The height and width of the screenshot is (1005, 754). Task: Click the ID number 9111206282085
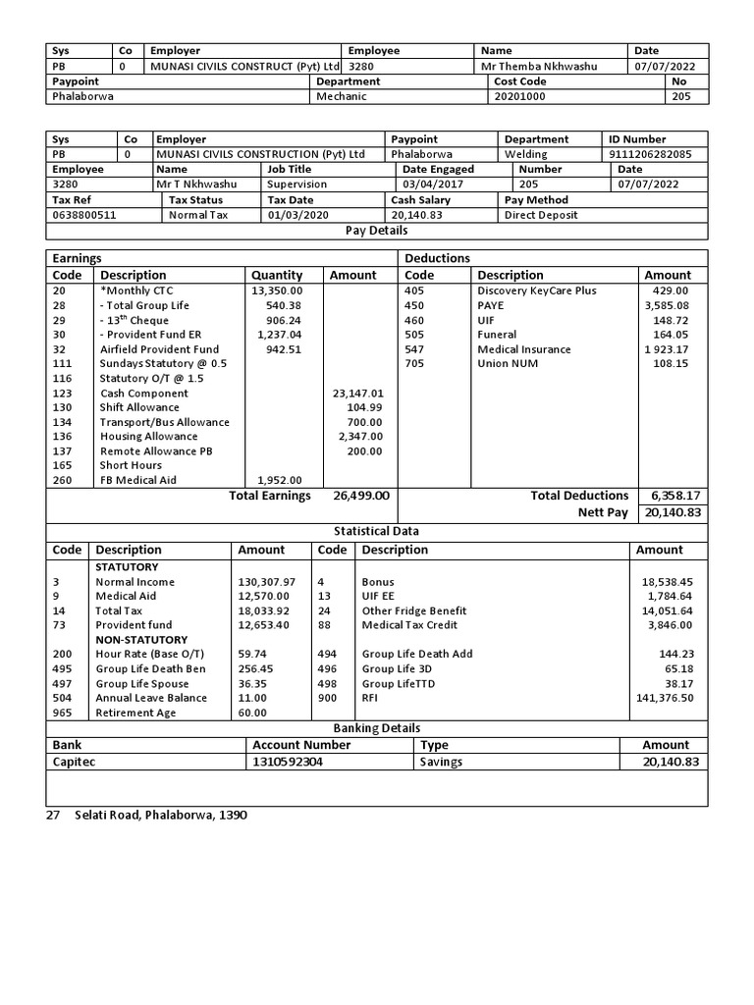click(650, 154)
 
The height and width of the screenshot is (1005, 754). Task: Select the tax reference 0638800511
click(84, 214)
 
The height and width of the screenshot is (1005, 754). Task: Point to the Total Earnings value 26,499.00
click(361, 496)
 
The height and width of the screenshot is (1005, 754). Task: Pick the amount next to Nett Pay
click(673, 512)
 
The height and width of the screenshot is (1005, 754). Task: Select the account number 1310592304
click(288, 762)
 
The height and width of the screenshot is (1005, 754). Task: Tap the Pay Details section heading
click(377, 231)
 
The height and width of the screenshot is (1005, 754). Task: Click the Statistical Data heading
click(377, 531)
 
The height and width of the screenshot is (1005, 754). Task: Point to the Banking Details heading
click(377, 728)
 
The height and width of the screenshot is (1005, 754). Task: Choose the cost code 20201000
click(520, 97)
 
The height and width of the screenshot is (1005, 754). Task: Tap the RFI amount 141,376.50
click(665, 698)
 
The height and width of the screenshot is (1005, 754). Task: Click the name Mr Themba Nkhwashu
click(539, 66)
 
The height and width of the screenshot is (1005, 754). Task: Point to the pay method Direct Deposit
click(541, 214)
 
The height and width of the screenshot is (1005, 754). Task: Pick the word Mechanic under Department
click(342, 97)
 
